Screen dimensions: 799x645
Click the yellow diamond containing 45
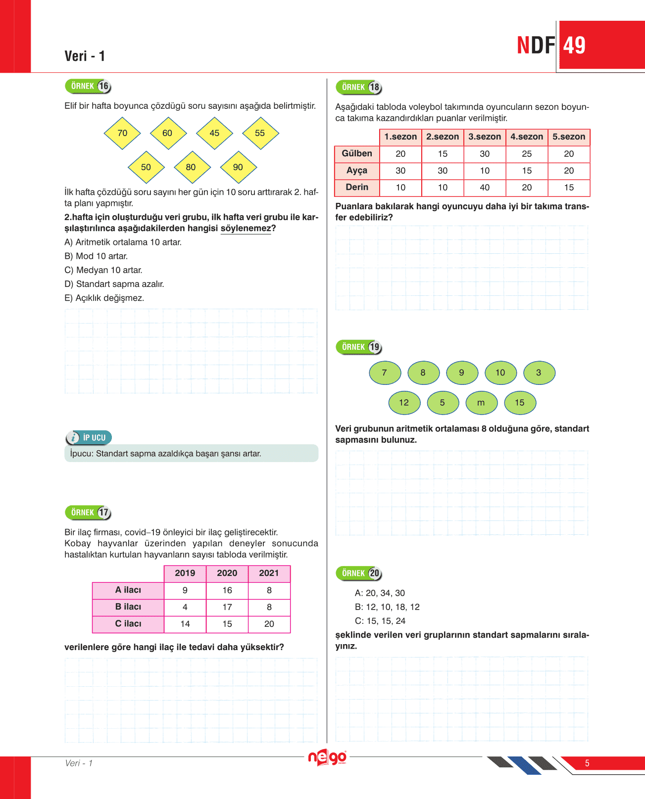(x=214, y=133)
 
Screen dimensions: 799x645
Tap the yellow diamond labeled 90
(x=238, y=167)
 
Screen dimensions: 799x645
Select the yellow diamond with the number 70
(x=122, y=133)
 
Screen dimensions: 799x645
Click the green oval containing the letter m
(x=481, y=403)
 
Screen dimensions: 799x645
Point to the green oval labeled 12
(x=404, y=403)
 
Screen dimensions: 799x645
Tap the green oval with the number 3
(x=539, y=373)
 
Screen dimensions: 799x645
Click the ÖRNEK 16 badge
(x=88, y=87)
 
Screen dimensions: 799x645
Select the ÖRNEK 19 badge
(x=359, y=347)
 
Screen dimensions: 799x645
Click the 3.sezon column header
(x=485, y=137)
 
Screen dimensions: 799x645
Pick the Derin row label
(x=357, y=187)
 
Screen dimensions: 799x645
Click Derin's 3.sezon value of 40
(x=485, y=188)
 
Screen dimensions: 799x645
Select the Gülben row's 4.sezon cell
(x=527, y=154)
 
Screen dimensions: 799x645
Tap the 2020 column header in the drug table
(x=227, y=573)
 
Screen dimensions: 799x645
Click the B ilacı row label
(x=128, y=607)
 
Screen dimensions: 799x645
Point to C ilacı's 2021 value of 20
(x=269, y=624)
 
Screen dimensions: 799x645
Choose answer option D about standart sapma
(x=114, y=284)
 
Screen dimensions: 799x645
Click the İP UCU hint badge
(x=89, y=437)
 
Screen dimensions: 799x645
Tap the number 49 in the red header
(x=574, y=46)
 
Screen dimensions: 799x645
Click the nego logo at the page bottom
(x=327, y=757)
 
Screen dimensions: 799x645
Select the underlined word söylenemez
(x=246, y=228)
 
